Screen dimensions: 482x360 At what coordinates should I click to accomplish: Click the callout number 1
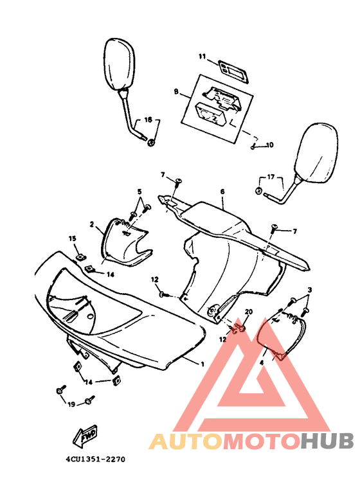203,364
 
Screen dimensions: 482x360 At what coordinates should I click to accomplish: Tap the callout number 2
91,224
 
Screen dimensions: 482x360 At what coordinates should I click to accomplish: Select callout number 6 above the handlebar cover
222,192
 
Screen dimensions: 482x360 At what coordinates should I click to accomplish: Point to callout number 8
176,92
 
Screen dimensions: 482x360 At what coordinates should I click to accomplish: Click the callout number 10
270,145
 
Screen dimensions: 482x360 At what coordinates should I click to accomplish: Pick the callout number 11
201,57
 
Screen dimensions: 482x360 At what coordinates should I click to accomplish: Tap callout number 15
73,238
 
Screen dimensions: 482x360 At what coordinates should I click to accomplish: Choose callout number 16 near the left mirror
147,120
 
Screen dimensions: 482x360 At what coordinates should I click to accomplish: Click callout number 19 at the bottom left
71,404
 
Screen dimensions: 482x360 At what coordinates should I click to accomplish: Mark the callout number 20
249,312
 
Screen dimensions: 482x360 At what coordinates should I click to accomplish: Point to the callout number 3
309,291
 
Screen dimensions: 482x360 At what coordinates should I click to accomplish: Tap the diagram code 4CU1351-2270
94,460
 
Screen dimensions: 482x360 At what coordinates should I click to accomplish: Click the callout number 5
138,192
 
